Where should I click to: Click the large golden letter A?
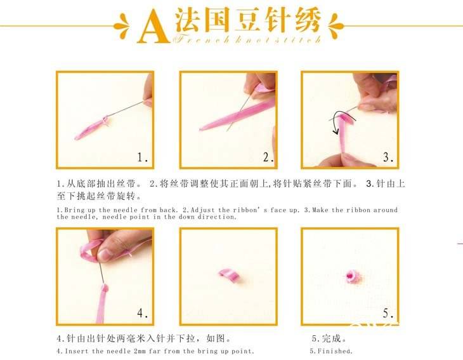153,27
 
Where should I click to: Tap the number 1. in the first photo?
142,157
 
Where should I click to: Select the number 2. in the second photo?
268,157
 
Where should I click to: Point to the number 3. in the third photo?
388,157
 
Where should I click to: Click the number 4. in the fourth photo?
142,313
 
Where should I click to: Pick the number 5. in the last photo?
388,313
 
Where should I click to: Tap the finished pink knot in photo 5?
351,276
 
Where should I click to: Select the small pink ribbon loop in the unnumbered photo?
229,274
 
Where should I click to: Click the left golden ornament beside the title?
122,26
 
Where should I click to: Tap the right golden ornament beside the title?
336,26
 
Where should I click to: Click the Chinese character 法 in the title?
187,20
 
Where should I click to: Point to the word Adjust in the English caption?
203,210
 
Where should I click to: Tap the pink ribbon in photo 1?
92,128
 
